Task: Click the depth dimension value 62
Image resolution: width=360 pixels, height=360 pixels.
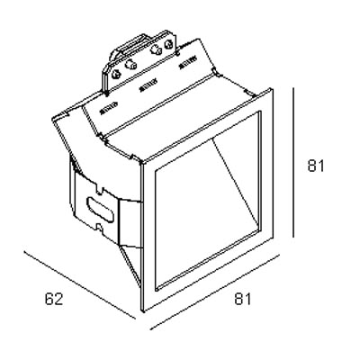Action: tap(54, 299)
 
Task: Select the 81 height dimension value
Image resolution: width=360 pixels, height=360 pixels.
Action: tap(316, 166)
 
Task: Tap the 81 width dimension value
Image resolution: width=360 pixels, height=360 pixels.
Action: tap(242, 299)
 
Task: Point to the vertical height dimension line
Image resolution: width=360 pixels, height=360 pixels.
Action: tap(293, 162)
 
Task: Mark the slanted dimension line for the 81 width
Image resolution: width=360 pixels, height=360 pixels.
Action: tap(215, 292)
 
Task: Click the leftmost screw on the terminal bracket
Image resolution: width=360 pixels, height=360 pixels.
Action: tap(116, 74)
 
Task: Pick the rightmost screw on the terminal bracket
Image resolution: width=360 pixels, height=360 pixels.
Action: tap(168, 45)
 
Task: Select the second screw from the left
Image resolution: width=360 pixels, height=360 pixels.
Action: tap(130, 64)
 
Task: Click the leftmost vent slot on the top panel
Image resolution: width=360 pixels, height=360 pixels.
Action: tap(108, 108)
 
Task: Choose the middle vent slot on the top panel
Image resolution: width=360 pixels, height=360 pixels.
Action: tap(148, 85)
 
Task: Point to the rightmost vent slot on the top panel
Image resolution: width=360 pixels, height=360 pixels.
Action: tap(187, 63)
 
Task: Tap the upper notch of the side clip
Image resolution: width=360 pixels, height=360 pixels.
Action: tap(98, 190)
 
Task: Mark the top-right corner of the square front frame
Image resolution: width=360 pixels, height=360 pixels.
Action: tap(272, 88)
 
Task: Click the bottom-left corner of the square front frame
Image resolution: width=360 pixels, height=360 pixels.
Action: tap(141, 311)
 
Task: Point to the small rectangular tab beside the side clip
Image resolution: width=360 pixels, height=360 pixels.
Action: tap(130, 223)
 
